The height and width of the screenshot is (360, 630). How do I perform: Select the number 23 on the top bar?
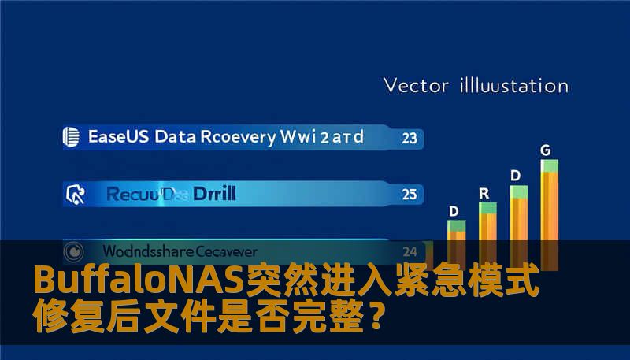(409, 139)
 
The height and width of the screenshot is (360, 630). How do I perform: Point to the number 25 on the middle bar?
(409, 192)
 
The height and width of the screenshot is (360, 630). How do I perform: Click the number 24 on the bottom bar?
(409, 252)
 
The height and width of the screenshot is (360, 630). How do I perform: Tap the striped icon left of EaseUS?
(71, 137)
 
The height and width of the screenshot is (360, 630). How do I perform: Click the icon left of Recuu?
(76, 192)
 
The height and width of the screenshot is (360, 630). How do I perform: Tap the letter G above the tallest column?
(545, 149)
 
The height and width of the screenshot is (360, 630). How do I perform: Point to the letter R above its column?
(484, 192)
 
